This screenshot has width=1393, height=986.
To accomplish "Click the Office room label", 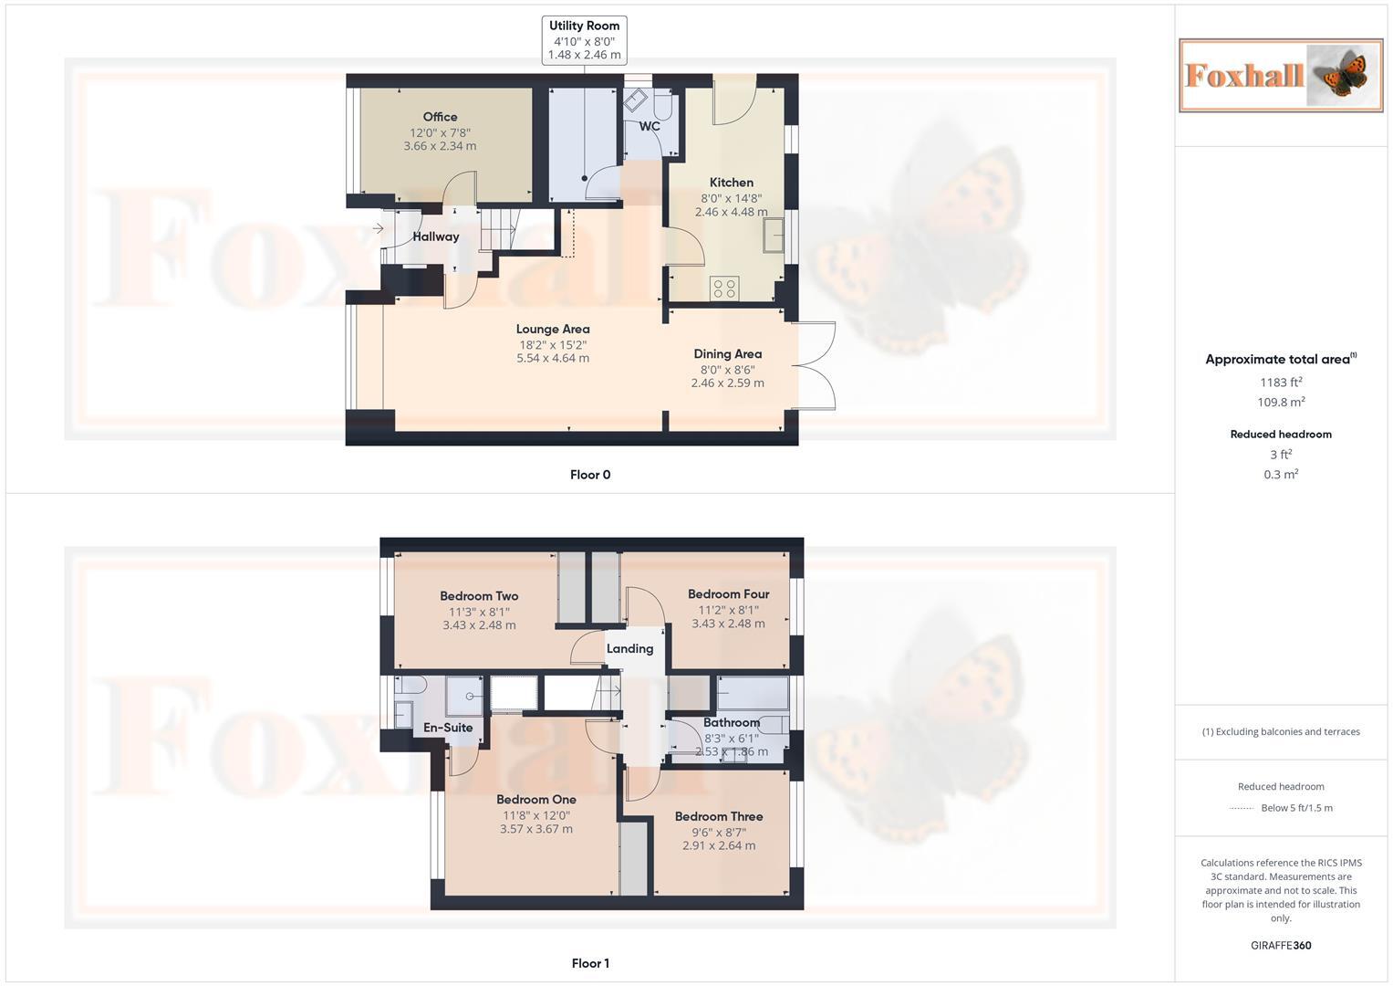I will click(440, 117).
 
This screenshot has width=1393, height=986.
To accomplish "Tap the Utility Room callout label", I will click(584, 26).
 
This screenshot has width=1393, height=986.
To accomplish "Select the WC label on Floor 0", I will click(649, 127).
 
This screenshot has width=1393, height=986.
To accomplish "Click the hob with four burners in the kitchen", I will click(724, 288).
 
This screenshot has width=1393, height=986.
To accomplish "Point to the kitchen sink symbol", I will click(774, 235).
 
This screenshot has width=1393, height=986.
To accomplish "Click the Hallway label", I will click(435, 236).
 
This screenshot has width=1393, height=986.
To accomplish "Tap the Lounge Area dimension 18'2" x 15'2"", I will click(553, 345).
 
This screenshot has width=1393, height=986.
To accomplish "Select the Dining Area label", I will click(727, 354).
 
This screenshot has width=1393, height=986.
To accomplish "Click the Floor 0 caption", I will click(590, 475).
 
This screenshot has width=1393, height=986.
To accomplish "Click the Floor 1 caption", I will click(590, 963).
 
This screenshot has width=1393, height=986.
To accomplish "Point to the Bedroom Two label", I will click(479, 596).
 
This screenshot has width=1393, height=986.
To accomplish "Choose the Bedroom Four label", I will click(728, 594).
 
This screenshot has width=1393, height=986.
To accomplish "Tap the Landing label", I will click(629, 649).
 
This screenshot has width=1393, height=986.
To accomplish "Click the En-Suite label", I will click(448, 728).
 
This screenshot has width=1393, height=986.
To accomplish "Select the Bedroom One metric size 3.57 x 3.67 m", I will click(536, 829).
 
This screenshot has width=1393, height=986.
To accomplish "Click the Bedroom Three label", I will click(719, 817).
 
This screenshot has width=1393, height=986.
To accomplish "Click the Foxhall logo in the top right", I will click(1280, 75).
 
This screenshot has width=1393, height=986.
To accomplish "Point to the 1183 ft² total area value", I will click(1281, 383).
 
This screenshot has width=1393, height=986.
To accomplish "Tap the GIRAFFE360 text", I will click(1281, 946).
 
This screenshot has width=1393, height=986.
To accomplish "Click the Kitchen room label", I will click(732, 183).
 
